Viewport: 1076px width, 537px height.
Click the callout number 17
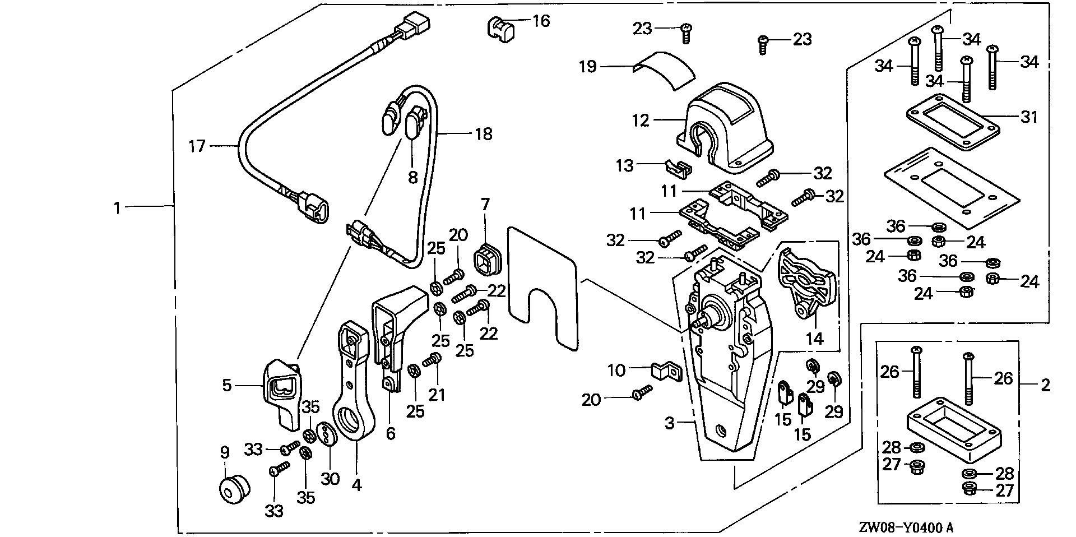pyautogui.click(x=197, y=146)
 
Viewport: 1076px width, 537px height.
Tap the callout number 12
pyautogui.click(x=640, y=120)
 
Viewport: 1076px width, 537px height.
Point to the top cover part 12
pyautogui.click(x=723, y=129)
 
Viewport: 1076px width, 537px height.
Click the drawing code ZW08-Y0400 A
pyautogui.click(x=907, y=527)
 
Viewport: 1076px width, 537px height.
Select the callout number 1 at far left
pyautogui.click(x=117, y=208)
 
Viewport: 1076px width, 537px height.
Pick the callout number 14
pyautogui.click(x=815, y=338)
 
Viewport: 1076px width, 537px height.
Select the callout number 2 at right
pyautogui.click(x=1045, y=385)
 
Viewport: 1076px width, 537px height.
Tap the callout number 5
pyautogui.click(x=226, y=385)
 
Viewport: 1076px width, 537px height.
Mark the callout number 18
pyautogui.click(x=483, y=134)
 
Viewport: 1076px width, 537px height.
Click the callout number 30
pyautogui.click(x=330, y=479)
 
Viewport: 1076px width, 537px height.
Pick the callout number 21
pyautogui.click(x=437, y=394)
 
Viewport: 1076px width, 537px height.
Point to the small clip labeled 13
pyautogui.click(x=677, y=166)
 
